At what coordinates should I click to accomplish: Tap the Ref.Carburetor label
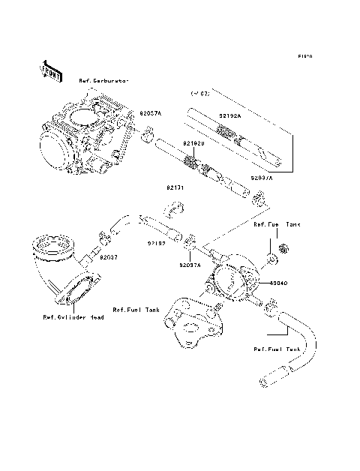tap(105, 79)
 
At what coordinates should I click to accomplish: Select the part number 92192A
tap(230, 115)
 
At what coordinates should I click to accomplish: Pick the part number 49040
tap(270, 284)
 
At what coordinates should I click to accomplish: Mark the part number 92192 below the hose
tap(156, 244)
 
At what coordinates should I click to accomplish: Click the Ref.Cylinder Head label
tap(73, 317)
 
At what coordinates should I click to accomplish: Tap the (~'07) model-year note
tap(200, 94)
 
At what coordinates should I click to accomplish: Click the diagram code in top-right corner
tap(304, 56)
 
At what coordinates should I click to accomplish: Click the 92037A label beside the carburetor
tap(150, 112)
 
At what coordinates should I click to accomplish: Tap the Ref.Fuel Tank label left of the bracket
tap(137, 308)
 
